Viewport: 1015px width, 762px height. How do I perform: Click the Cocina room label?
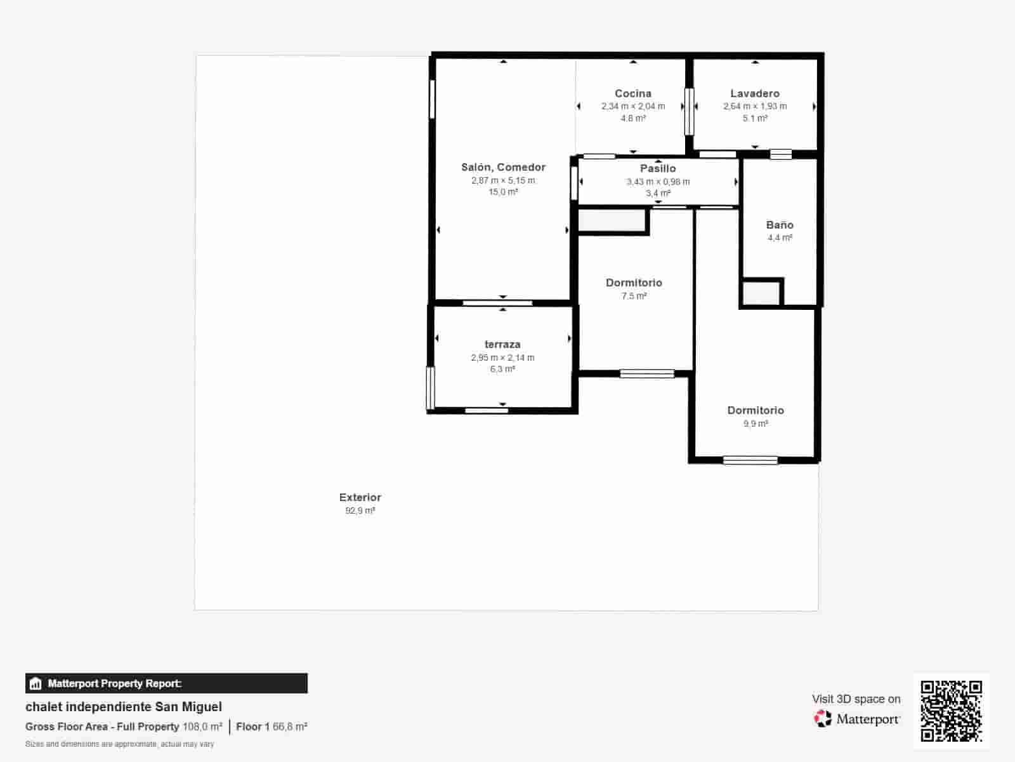click(x=632, y=93)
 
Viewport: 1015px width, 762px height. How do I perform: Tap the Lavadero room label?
click(x=755, y=93)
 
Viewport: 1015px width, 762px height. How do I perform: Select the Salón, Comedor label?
click(x=503, y=168)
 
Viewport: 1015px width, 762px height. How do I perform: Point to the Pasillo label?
click(x=658, y=168)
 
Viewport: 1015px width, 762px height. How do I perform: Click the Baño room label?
click(x=780, y=225)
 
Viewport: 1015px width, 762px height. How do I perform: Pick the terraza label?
click(x=502, y=344)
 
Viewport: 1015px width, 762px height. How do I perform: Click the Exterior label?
click(x=360, y=497)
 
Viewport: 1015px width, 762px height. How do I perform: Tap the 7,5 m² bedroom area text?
click(x=634, y=296)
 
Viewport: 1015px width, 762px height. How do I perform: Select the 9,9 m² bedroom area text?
click(x=756, y=424)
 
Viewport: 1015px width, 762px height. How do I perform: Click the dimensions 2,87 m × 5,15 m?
click(x=503, y=180)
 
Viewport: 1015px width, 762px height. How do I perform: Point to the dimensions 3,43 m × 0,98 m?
click(x=658, y=182)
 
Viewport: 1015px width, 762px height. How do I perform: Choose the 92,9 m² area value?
click(x=360, y=511)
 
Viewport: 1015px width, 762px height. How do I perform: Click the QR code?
click(x=951, y=711)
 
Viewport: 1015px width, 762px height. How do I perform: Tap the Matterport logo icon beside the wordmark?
click(x=823, y=719)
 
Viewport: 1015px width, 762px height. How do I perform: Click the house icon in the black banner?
click(x=36, y=683)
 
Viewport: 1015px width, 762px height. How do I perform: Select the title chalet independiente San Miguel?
click(x=124, y=707)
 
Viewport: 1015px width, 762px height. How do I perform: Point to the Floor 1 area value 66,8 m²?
click(x=290, y=726)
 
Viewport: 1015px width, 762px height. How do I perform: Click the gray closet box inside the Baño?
click(x=761, y=292)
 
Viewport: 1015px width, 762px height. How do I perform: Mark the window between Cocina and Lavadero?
click(x=689, y=112)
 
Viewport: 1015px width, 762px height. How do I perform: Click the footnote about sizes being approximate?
click(x=120, y=744)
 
